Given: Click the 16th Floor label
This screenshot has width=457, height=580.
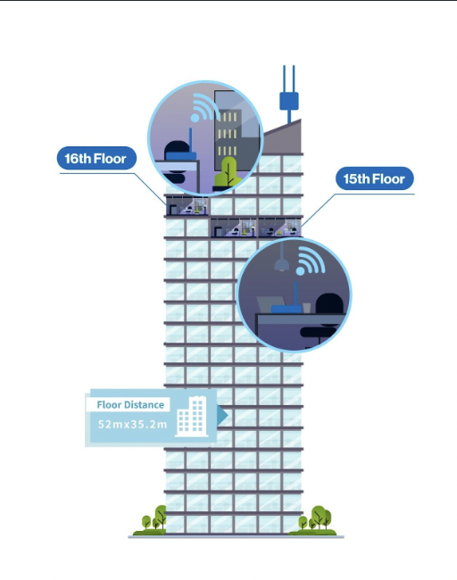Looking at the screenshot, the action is [96, 158].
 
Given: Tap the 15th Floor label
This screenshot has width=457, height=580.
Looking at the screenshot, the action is [375, 178].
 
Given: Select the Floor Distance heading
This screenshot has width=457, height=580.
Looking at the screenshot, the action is [130, 405].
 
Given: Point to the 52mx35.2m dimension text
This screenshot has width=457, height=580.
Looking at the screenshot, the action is [132, 424].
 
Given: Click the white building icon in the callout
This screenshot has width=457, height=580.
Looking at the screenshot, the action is [192, 416].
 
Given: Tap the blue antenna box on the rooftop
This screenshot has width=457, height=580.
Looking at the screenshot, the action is [289, 102].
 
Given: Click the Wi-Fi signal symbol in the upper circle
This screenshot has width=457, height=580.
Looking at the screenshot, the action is [202, 108].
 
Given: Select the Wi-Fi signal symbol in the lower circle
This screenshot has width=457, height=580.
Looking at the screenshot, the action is [310, 261].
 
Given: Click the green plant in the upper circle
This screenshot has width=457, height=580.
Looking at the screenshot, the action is [227, 172].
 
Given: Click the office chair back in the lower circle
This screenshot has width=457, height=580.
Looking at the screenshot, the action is [329, 303].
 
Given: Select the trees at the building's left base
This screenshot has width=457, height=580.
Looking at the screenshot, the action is [152, 519].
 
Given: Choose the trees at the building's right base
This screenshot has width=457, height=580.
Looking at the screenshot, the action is [314, 519].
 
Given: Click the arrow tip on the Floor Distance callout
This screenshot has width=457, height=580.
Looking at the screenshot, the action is [228, 416].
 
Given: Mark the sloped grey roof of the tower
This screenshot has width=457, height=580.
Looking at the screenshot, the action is [283, 138].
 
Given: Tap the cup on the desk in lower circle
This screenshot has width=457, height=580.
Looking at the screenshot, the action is [307, 308].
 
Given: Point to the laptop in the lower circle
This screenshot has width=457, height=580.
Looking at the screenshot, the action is [270, 304].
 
